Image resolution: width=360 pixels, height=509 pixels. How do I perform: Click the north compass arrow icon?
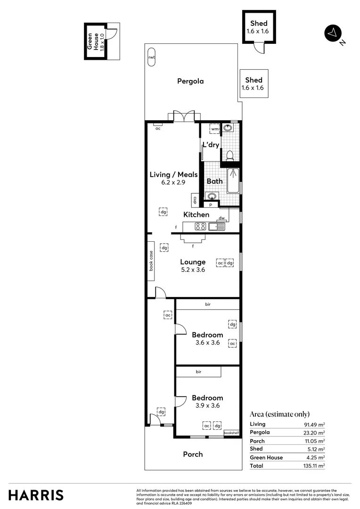(x=333, y=33)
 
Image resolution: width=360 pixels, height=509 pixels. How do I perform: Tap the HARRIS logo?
(x=36, y=495)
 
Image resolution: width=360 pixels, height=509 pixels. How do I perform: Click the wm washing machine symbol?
(x=215, y=129)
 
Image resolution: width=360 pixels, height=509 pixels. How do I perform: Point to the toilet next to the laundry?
(x=230, y=155)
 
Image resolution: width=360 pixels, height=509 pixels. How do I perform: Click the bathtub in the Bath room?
(x=233, y=181)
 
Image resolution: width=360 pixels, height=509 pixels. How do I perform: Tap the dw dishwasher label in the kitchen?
(x=221, y=218)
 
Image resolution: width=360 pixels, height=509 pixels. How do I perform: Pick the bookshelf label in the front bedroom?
(x=231, y=433)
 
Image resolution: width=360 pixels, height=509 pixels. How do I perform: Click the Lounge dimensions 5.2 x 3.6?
(x=193, y=270)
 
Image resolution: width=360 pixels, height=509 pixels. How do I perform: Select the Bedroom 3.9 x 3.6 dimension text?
(x=207, y=405)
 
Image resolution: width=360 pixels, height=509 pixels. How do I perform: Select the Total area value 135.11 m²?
(x=314, y=466)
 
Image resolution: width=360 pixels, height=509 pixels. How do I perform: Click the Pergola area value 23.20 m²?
(x=314, y=432)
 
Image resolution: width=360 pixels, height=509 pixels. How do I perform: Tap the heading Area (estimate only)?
(x=279, y=414)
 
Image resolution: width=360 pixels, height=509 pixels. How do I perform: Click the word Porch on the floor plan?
(x=193, y=454)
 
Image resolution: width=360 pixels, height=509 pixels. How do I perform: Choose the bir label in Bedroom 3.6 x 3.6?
(x=207, y=304)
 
